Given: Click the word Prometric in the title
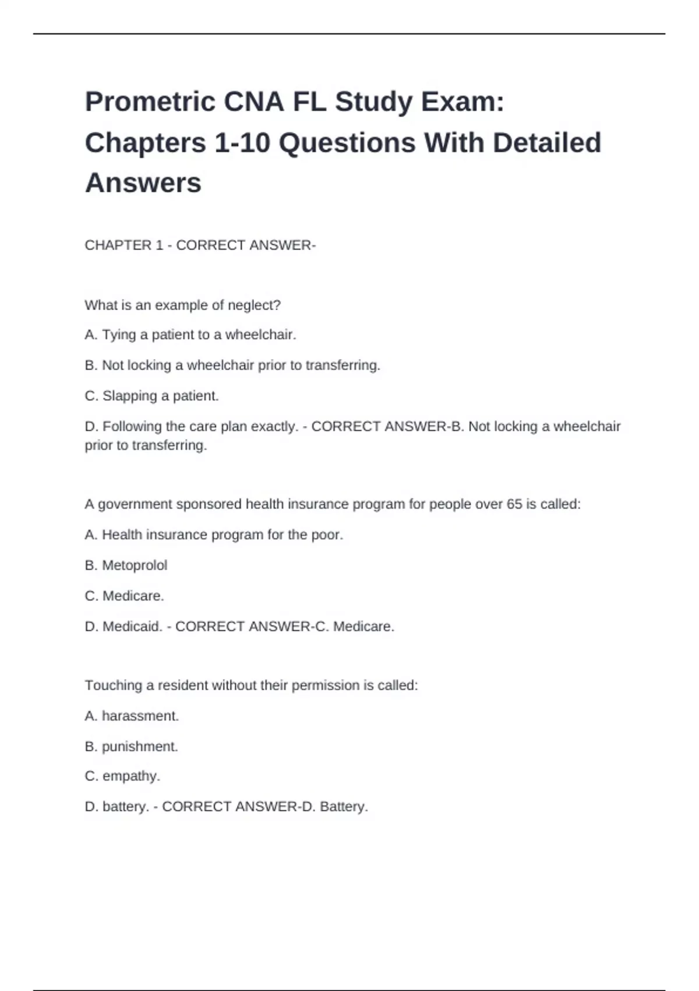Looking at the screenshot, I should click(150, 102).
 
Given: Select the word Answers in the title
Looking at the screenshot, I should click(143, 182).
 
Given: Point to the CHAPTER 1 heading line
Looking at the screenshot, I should click(200, 245).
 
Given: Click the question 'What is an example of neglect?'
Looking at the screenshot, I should click(182, 305).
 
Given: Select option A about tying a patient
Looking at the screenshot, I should click(190, 335).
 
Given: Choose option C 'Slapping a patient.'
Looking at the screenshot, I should click(151, 396).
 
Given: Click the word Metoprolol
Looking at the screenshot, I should click(135, 565).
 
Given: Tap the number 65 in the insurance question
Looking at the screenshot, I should click(514, 504).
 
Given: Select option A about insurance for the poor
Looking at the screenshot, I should click(214, 535).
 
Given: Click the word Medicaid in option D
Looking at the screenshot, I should click(132, 627).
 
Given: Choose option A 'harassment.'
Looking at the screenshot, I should click(132, 716).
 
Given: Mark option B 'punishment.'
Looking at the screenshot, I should click(131, 747).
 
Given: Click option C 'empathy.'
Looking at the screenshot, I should click(122, 776).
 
